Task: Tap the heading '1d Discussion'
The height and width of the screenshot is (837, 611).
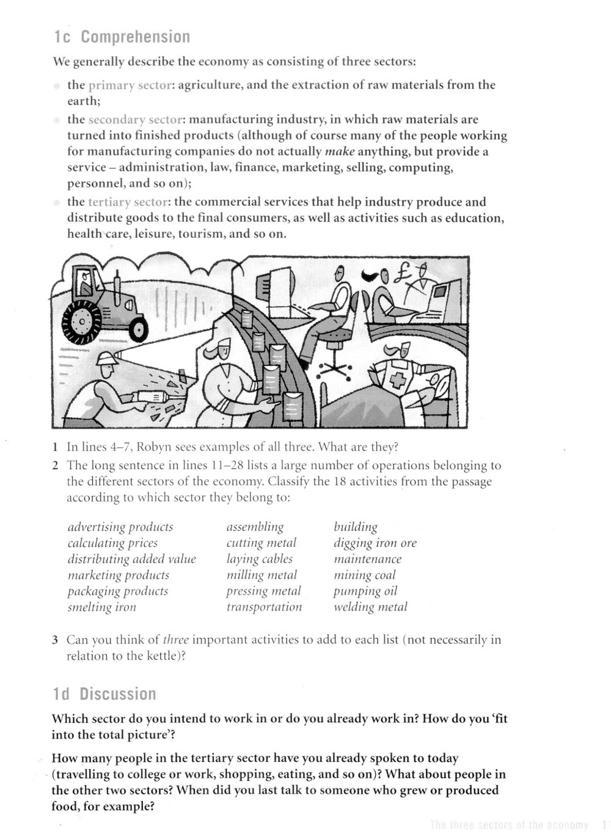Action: (104, 694)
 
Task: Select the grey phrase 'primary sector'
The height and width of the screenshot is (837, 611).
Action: (130, 85)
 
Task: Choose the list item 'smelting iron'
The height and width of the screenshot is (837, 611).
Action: (102, 607)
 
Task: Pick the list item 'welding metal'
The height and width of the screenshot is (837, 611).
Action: (370, 607)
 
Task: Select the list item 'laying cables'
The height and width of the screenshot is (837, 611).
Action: (259, 559)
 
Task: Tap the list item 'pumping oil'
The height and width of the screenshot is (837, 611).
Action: (365, 591)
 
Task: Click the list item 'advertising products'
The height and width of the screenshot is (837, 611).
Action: (120, 527)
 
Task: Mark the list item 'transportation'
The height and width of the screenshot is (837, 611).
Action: (264, 607)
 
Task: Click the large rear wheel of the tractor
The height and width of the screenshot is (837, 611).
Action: (81, 322)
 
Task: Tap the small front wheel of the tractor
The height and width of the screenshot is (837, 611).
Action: (137, 330)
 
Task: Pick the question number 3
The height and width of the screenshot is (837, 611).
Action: (55, 640)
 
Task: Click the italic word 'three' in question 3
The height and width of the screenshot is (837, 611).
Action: (176, 640)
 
